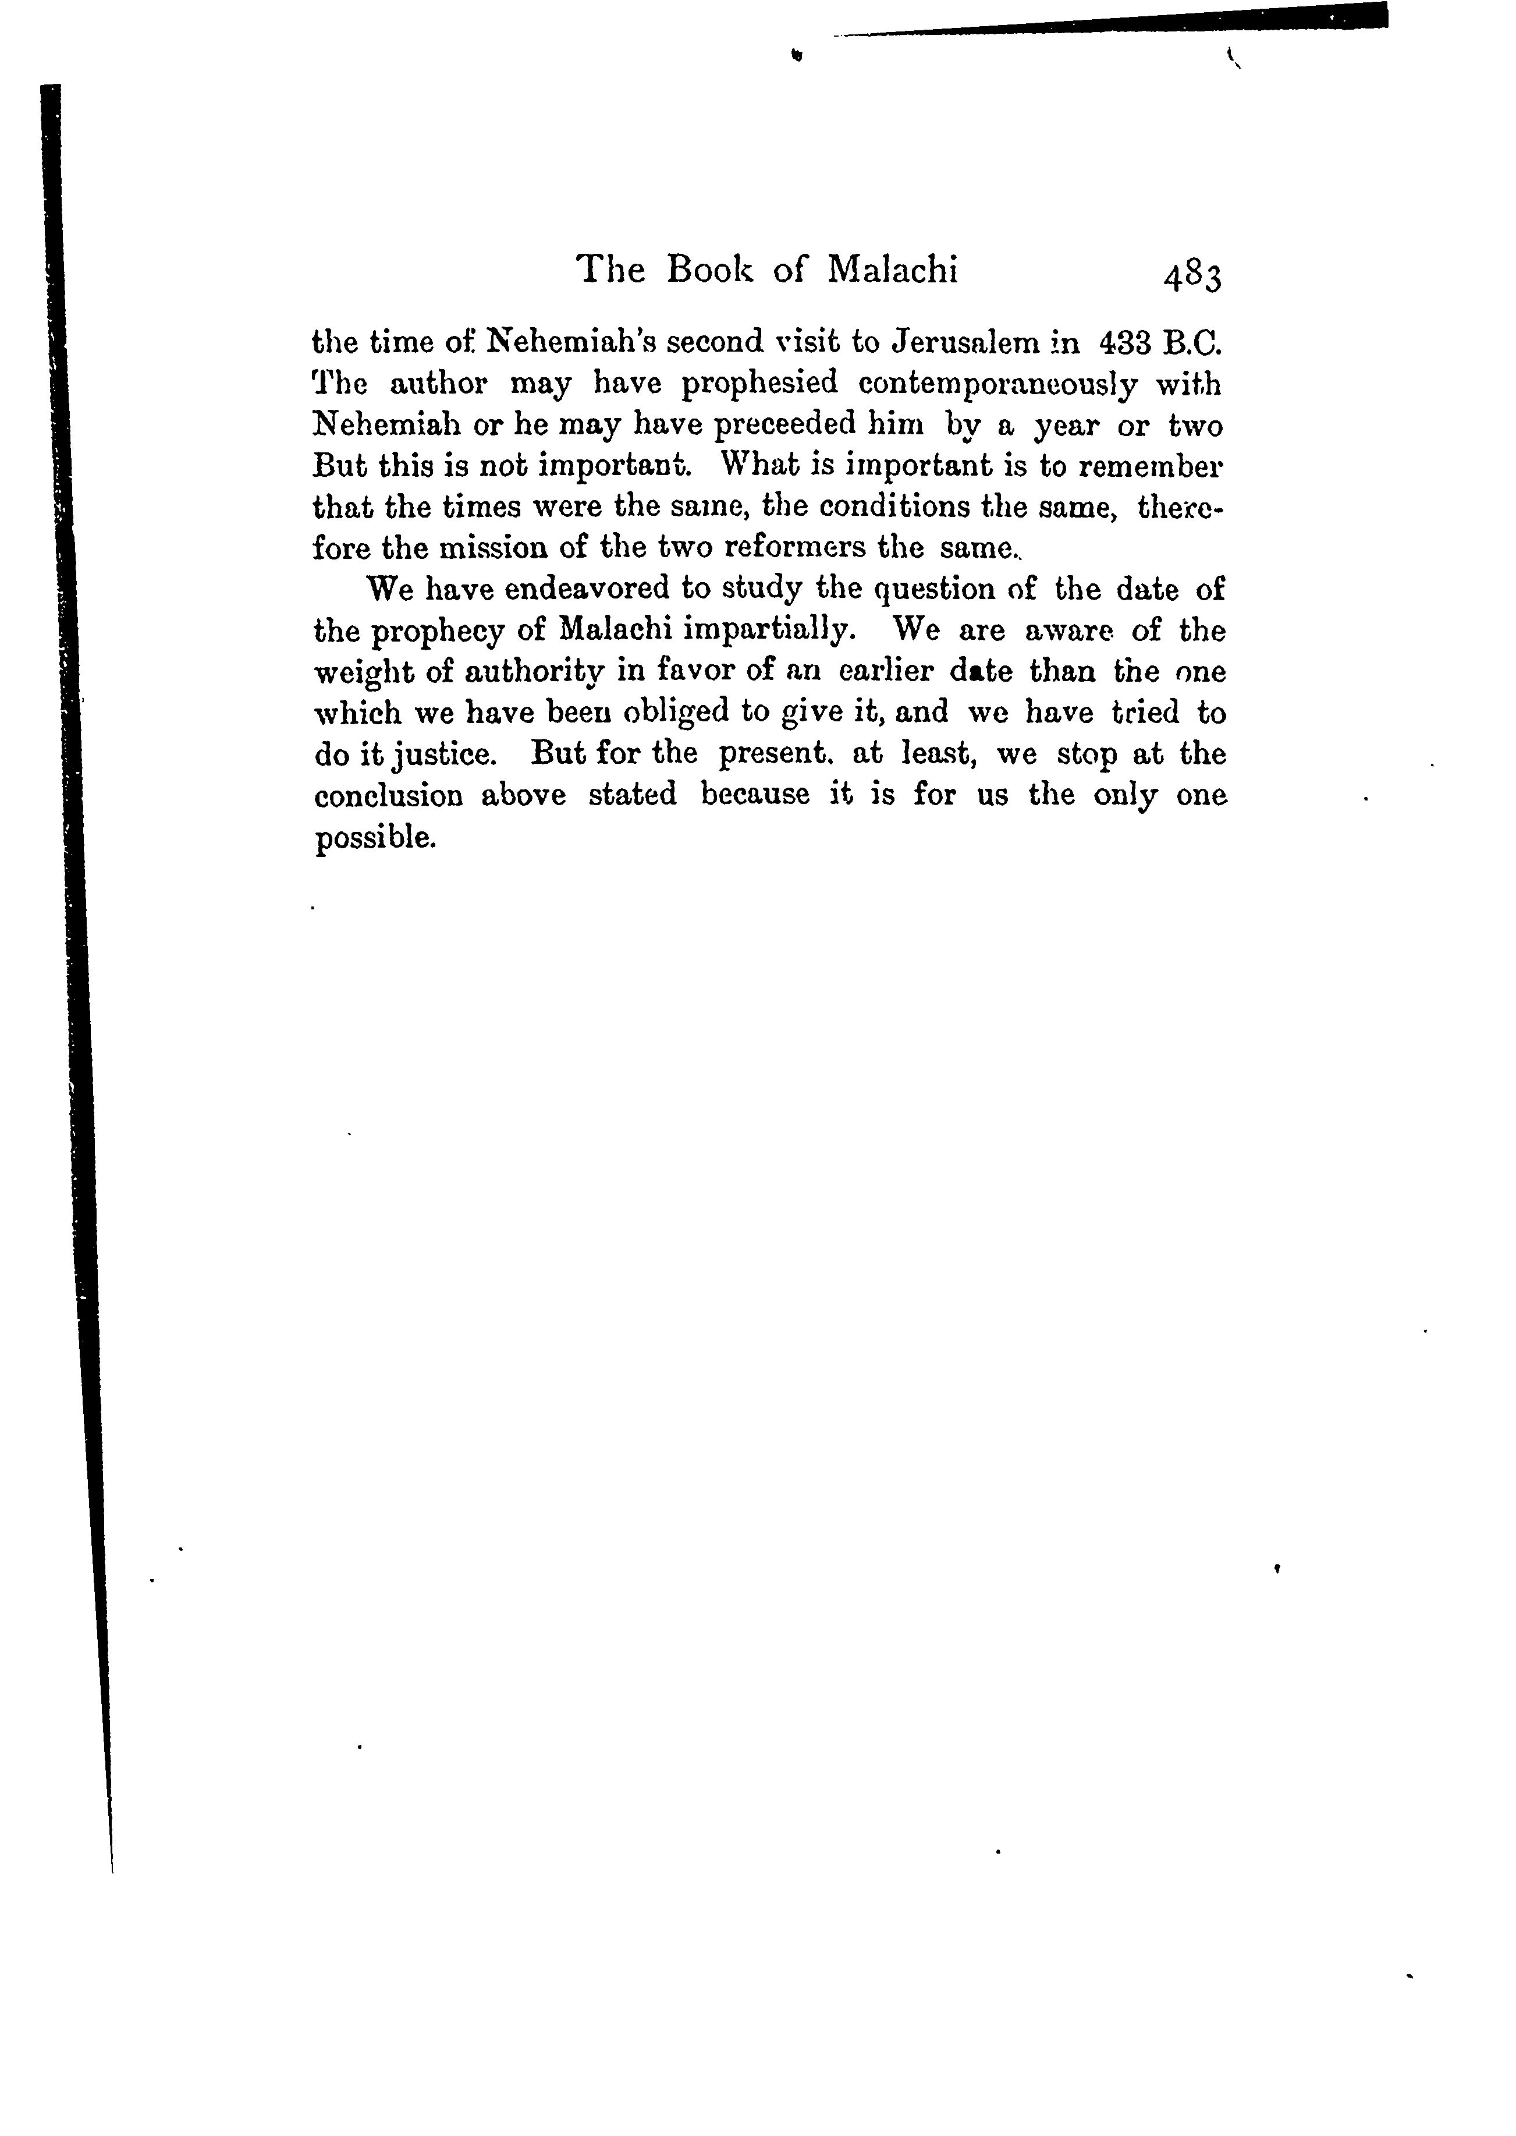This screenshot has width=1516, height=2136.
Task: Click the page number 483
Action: coord(1191,277)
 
